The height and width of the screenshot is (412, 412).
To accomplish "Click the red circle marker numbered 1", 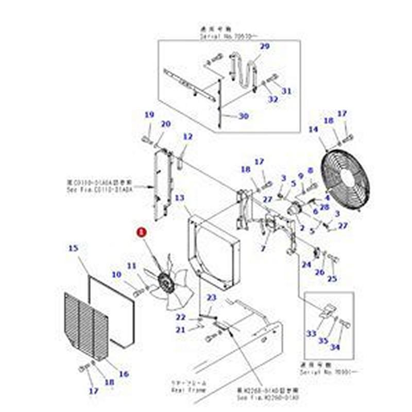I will [x=141, y=232].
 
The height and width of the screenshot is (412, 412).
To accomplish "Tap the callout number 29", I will [x=264, y=47].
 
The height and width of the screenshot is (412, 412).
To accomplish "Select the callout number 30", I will [x=243, y=116].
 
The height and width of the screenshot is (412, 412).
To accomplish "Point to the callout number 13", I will [x=179, y=198].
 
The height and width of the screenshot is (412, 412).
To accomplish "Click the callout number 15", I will [x=73, y=248].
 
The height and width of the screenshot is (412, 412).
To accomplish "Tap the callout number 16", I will [x=124, y=374].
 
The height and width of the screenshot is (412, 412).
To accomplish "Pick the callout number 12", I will [x=187, y=136].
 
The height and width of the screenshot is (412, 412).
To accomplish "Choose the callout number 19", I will [x=149, y=115].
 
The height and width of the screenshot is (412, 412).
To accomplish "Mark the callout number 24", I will [x=307, y=265].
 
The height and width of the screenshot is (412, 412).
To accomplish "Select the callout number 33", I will [x=312, y=334].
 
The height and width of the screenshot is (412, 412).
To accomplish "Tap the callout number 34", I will [x=335, y=348].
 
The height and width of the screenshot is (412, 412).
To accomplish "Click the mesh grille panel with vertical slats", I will [x=86, y=325].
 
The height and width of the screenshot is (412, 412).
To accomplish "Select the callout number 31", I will [x=287, y=91].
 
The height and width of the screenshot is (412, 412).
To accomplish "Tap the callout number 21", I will [x=180, y=330].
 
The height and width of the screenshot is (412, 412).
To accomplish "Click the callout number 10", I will [x=116, y=274].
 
